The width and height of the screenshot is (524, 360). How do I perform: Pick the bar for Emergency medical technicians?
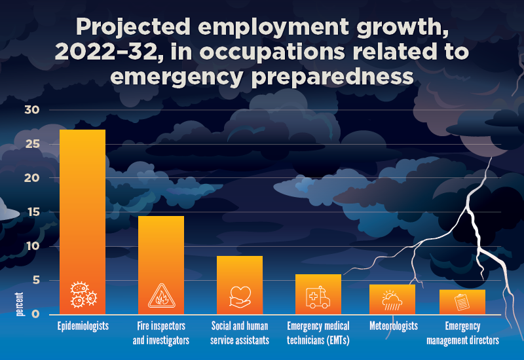(x=318, y=291)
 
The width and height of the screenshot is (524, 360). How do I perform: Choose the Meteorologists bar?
(x=392, y=298)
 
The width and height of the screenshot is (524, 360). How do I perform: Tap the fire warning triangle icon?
(x=161, y=297)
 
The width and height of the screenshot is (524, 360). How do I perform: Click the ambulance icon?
(x=318, y=298)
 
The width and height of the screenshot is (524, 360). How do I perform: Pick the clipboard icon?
(x=462, y=302)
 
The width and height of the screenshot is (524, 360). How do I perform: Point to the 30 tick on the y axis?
(x=32, y=110)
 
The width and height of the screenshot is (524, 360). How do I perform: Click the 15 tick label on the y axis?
(x=32, y=212)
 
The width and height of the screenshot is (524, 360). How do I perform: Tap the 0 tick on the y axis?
(x=35, y=314)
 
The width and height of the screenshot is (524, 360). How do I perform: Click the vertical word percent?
(x=20, y=304)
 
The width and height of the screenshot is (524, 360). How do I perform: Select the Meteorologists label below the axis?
(x=392, y=326)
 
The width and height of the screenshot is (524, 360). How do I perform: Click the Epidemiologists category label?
(x=83, y=326)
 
